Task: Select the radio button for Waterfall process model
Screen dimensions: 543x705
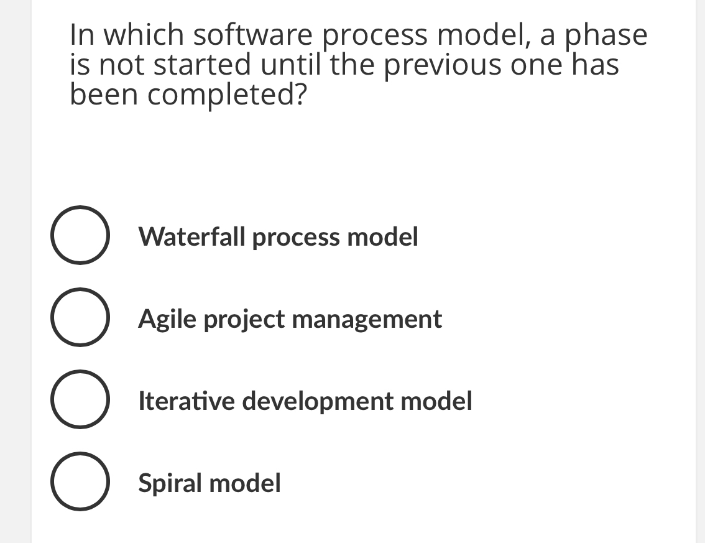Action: click(x=77, y=236)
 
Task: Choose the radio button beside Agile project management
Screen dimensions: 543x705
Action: click(x=77, y=318)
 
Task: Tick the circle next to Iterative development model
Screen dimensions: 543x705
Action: click(x=77, y=401)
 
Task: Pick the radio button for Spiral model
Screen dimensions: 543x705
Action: click(x=77, y=483)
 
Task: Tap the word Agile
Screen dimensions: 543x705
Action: click(x=168, y=319)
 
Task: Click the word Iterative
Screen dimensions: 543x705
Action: click(x=187, y=401)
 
